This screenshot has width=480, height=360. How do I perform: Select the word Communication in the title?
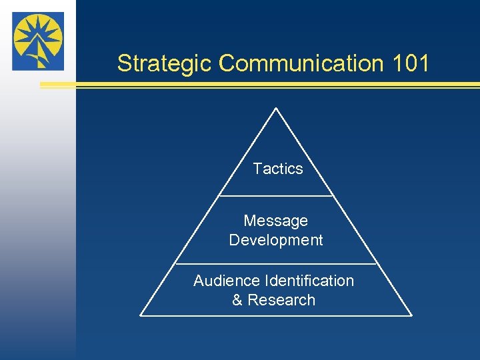pos(301,63)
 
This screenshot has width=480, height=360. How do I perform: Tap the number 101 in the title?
pos(411,63)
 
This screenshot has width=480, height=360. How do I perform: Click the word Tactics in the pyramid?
pos(278,169)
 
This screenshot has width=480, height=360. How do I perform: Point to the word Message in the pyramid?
pos(276,221)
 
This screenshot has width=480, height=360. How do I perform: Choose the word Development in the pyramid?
pos(276,240)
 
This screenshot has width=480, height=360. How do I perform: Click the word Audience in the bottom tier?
pos(227,281)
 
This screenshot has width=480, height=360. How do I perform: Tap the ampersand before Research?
pos(237,300)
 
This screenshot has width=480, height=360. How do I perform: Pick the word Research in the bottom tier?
pos(281,300)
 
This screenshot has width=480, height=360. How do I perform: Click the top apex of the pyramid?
pos(276,108)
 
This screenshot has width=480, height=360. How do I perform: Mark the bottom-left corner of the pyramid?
pos(141,315)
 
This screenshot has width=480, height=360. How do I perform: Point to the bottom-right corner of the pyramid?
pos(411,315)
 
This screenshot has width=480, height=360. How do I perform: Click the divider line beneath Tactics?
pos(276,196)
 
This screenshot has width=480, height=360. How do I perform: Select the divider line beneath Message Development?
pos(276,264)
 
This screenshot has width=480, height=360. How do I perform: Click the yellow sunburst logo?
pos(38,41)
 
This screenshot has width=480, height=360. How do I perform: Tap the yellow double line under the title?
pos(260,85)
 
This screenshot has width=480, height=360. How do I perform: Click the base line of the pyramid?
pos(276,315)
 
